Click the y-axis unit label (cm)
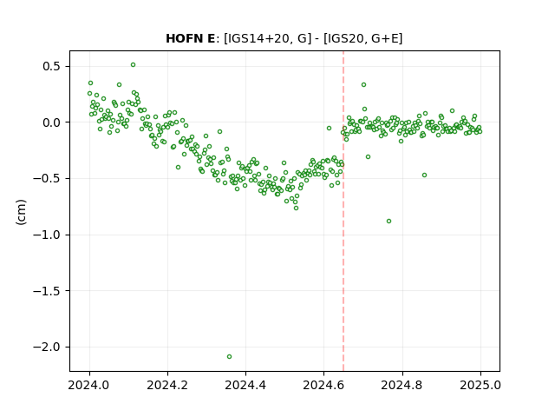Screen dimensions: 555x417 point(21,212)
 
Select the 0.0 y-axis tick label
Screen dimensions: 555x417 point(52,122)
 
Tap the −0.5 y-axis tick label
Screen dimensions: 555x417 point(48,178)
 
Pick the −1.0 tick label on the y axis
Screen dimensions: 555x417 point(48,235)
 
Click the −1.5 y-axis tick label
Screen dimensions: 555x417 point(48,291)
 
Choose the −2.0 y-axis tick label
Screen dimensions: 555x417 point(48,347)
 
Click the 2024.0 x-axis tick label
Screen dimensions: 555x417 point(89,385)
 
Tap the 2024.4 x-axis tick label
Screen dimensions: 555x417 point(245,385)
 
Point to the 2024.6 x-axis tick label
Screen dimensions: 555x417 point(323,385)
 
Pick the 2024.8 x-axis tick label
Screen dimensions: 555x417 point(402,385)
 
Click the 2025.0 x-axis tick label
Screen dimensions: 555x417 point(480,385)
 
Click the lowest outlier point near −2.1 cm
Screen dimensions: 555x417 point(229,356)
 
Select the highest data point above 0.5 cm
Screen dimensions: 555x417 point(133,65)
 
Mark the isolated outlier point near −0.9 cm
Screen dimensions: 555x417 point(389,222)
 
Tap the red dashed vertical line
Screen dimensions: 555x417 point(343,211)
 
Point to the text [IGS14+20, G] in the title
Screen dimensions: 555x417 point(268,38)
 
